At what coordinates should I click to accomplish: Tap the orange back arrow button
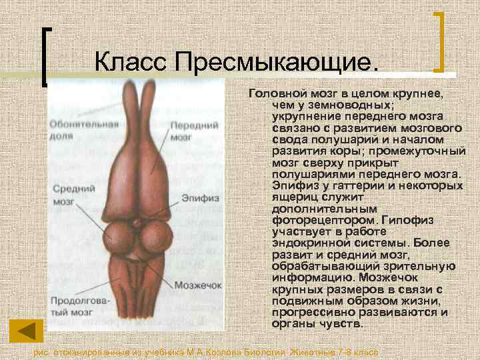point(26,331)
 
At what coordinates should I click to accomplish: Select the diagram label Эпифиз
point(198,198)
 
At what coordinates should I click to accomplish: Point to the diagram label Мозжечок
point(197,285)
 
